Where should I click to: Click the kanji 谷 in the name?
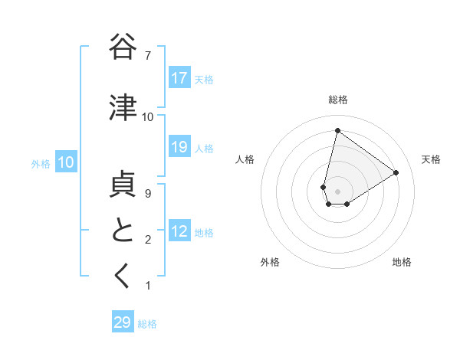pyautogui.click(x=123, y=47)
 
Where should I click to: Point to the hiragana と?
pyautogui.click(x=123, y=231)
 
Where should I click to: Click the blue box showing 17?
pyautogui.click(x=179, y=78)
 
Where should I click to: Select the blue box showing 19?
pyautogui.click(x=179, y=148)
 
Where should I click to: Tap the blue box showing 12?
pyautogui.click(x=179, y=232)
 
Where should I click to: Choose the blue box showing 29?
pyautogui.click(x=123, y=322)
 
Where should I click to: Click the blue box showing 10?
pyautogui.click(x=66, y=162)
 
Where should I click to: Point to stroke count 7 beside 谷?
pyautogui.click(x=147, y=56)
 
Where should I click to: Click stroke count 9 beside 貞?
pyautogui.click(x=147, y=194)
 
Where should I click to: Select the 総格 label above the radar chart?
pyautogui.click(x=338, y=100)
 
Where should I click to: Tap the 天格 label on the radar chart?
pyautogui.click(x=432, y=159)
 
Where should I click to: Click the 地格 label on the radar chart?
pyautogui.click(x=402, y=262)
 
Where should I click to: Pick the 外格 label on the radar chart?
pyautogui.click(x=270, y=262)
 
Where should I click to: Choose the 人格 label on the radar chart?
pyautogui.click(x=245, y=159)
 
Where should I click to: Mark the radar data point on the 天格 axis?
pyautogui.click(x=396, y=172)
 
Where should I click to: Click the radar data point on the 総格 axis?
pyautogui.click(x=337, y=130)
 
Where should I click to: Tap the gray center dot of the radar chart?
pyautogui.click(x=337, y=191)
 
